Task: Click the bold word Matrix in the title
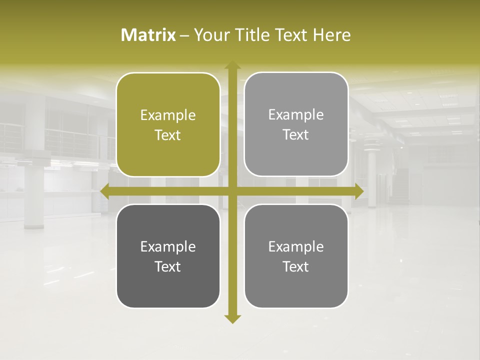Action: [148, 35]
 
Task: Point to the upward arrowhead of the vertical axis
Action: [232, 65]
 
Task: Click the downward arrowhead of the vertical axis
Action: [232, 319]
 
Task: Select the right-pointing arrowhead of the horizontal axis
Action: [358, 191]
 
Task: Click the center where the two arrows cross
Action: [232, 191]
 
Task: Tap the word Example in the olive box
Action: [168, 115]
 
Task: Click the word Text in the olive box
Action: [168, 135]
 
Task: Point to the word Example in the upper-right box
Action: [296, 115]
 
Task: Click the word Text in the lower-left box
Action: [168, 266]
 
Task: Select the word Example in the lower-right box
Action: [296, 246]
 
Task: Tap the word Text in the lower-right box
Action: [296, 266]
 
